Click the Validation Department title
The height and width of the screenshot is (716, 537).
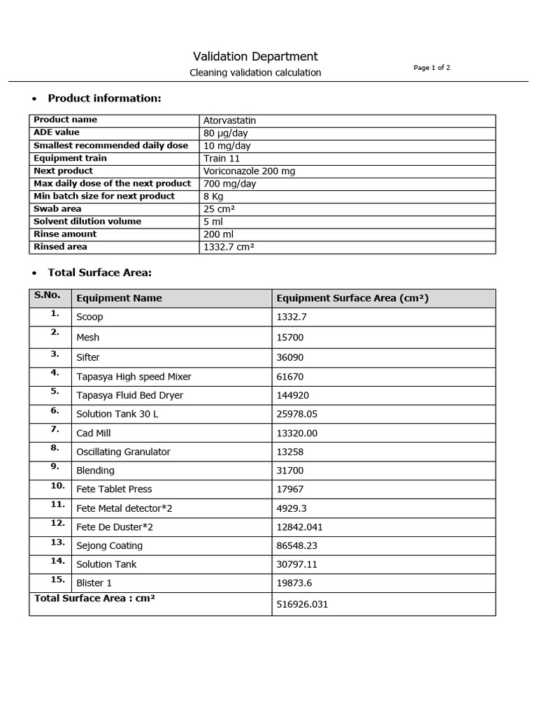[x=255, y=57]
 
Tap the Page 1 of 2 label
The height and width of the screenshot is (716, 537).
[x=431, y=68]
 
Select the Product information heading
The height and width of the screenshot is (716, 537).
[x=104, y=98]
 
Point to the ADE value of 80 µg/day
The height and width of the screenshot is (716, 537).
[x=225, y=133]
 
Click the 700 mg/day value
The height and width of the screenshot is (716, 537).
[x=229, y=183]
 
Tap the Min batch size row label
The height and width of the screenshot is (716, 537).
[x=104, y=196]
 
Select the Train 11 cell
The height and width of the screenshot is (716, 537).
[x=220, y=158]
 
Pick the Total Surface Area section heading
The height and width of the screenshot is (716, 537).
[x=99, y=272]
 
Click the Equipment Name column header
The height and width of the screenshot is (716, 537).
[x=119, y=298]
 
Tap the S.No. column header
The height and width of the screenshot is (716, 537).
[x=48, y=295]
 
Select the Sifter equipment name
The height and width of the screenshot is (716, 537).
[x=88, y=357]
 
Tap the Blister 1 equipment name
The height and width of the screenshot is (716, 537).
[x=94, y=583]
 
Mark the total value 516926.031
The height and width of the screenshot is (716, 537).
[x=302, y=604]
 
